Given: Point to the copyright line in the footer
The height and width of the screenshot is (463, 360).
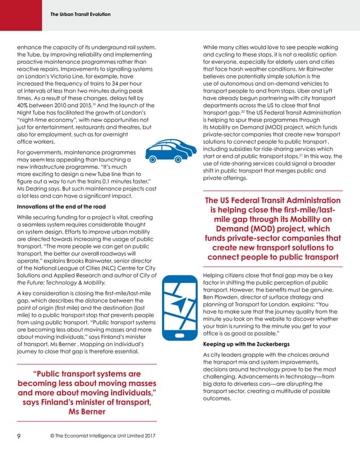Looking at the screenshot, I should click(x=94, y=436).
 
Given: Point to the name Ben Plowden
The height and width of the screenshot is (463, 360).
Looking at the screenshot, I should click(x=222, y=294).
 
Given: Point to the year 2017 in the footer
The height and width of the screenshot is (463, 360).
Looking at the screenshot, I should click(x=147, y=436).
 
